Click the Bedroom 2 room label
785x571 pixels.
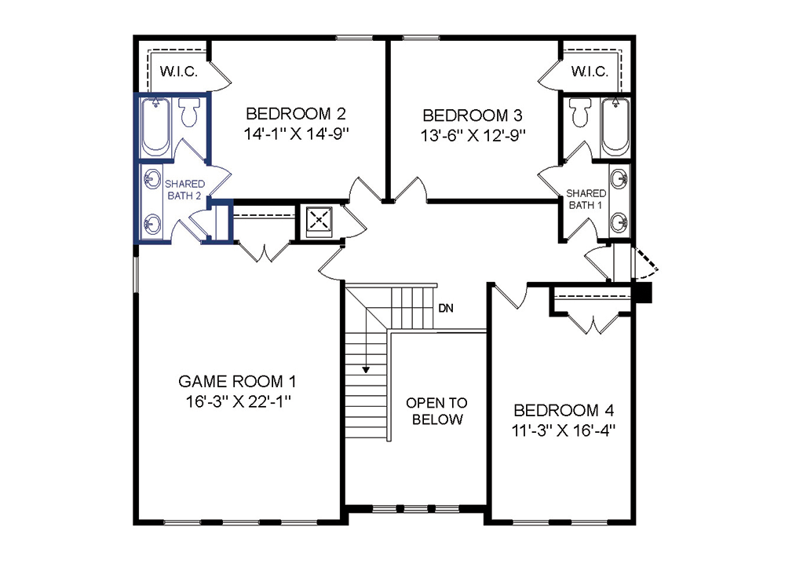[295, 114]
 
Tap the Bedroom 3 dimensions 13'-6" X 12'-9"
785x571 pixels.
[473, 135]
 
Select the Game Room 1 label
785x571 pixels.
[237, 381]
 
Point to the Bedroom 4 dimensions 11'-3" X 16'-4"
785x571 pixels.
[563, 430]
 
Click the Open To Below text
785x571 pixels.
[436, 411]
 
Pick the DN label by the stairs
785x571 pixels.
[446, 308]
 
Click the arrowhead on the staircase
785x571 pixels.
[366, 370]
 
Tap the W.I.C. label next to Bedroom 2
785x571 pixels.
[179, 71]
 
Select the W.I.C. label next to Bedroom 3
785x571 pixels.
[590, 71]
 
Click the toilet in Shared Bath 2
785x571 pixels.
[189, 112]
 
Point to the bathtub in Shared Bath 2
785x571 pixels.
[155, 126]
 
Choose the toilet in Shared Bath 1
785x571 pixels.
[580, 112]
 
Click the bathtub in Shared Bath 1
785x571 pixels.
[615, 126]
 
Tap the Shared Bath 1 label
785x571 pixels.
[586, 199]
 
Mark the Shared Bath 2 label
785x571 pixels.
[184, 190]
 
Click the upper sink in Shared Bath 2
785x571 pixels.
[152, 178]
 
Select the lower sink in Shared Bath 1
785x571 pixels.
[619, 221]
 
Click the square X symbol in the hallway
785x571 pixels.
[319, 221]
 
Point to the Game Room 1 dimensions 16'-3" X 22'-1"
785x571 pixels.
[239, 401]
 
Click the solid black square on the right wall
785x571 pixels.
[644, 292]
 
